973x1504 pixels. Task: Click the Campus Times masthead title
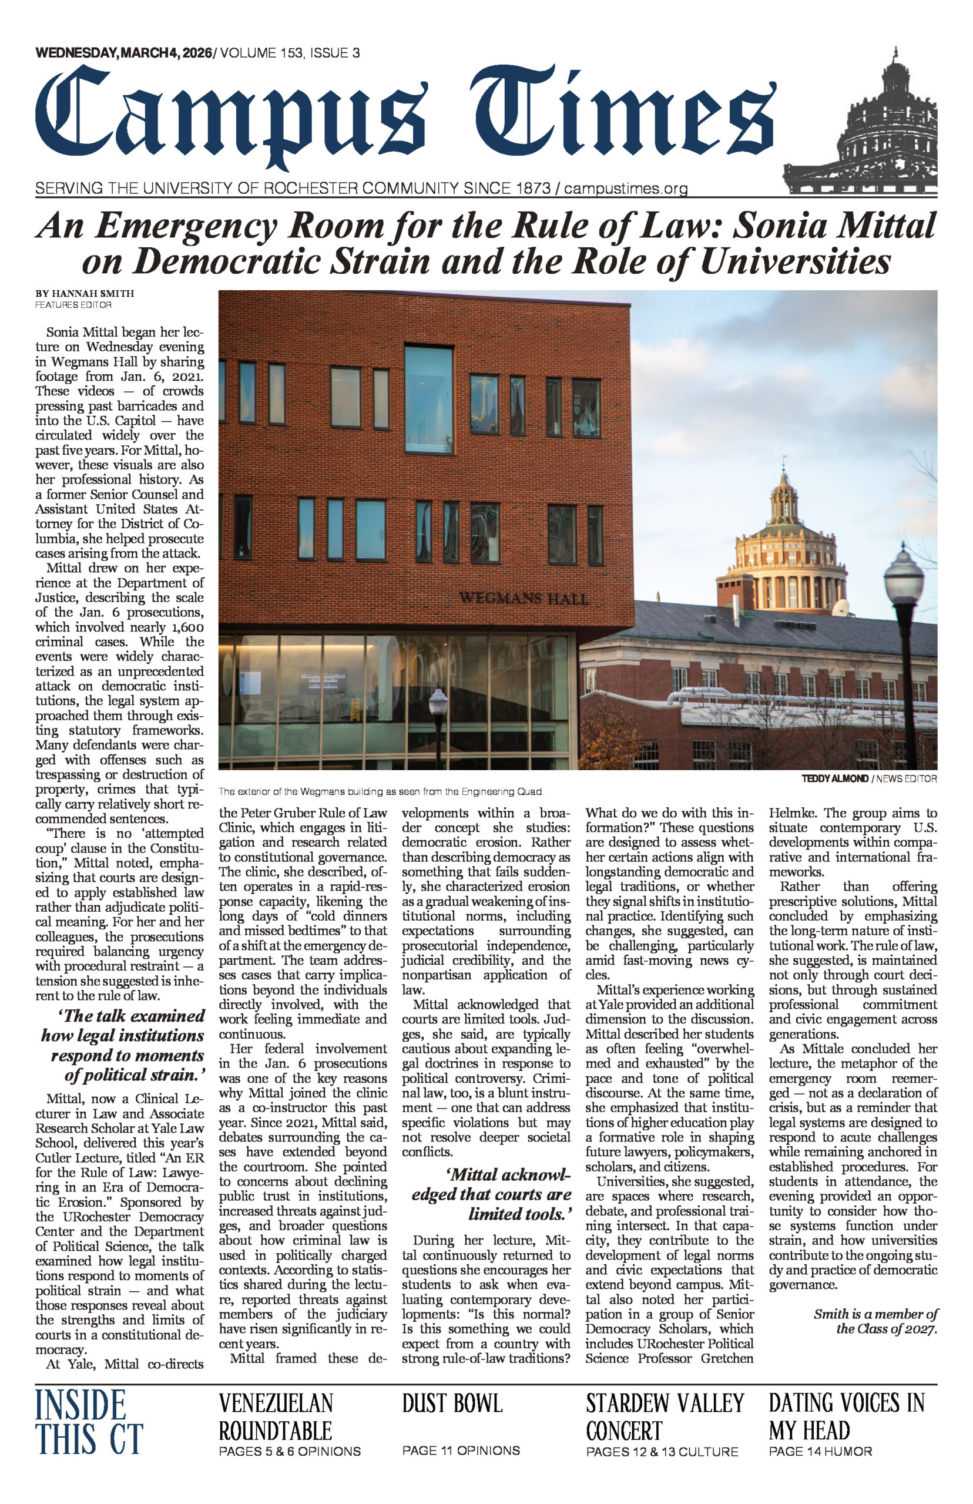pyautogui.click(x=404, y=117)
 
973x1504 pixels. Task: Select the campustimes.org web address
pyautogui.click(x=626, y=188)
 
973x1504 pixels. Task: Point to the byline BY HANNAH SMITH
pyautogui.click(x=85, y=293)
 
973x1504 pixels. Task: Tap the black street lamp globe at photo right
pyautogui.click(x=904, y=574)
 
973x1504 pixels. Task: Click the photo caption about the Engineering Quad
pyautogui.click(x=380, y=791)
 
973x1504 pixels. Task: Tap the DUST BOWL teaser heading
pyautogui.click(x=452, y=1403)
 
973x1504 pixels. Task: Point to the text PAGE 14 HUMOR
pyautogui.click(x=820, y=1452)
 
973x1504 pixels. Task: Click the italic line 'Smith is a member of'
pyautogui.click(x=875, y=1314)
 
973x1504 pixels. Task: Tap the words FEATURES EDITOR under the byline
pyautogui.click(x=73, y=305)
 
